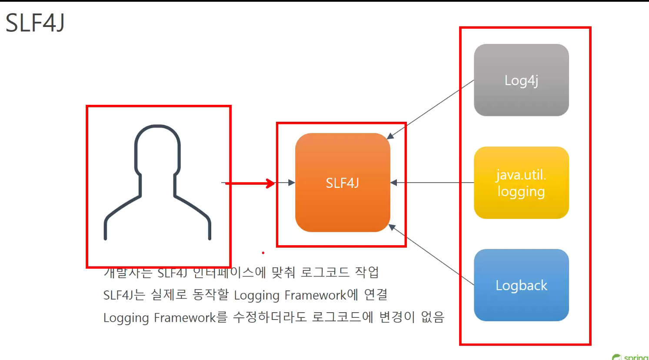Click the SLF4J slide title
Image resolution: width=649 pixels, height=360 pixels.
(35, 23)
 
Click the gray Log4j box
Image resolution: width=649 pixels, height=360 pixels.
(521, 80)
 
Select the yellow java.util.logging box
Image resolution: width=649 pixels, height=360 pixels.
(521, 183)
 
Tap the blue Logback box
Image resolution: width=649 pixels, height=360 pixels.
(521, 285)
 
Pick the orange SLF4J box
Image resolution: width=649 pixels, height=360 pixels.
(343, 183)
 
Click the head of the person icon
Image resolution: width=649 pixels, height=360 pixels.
(157, 148)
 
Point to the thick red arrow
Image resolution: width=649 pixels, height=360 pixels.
(250, 183)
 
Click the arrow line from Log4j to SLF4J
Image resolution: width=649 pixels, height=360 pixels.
(430, 109)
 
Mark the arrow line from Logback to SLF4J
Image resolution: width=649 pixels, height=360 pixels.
(430, 254)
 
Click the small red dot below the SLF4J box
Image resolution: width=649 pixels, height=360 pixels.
(263, 253)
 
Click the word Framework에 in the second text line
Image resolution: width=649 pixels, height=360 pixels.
(321, 295)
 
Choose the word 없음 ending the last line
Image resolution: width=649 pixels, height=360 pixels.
(433, 317)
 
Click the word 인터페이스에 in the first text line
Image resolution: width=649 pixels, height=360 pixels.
(229, 273)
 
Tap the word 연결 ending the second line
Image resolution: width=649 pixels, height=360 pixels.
(376, 295)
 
